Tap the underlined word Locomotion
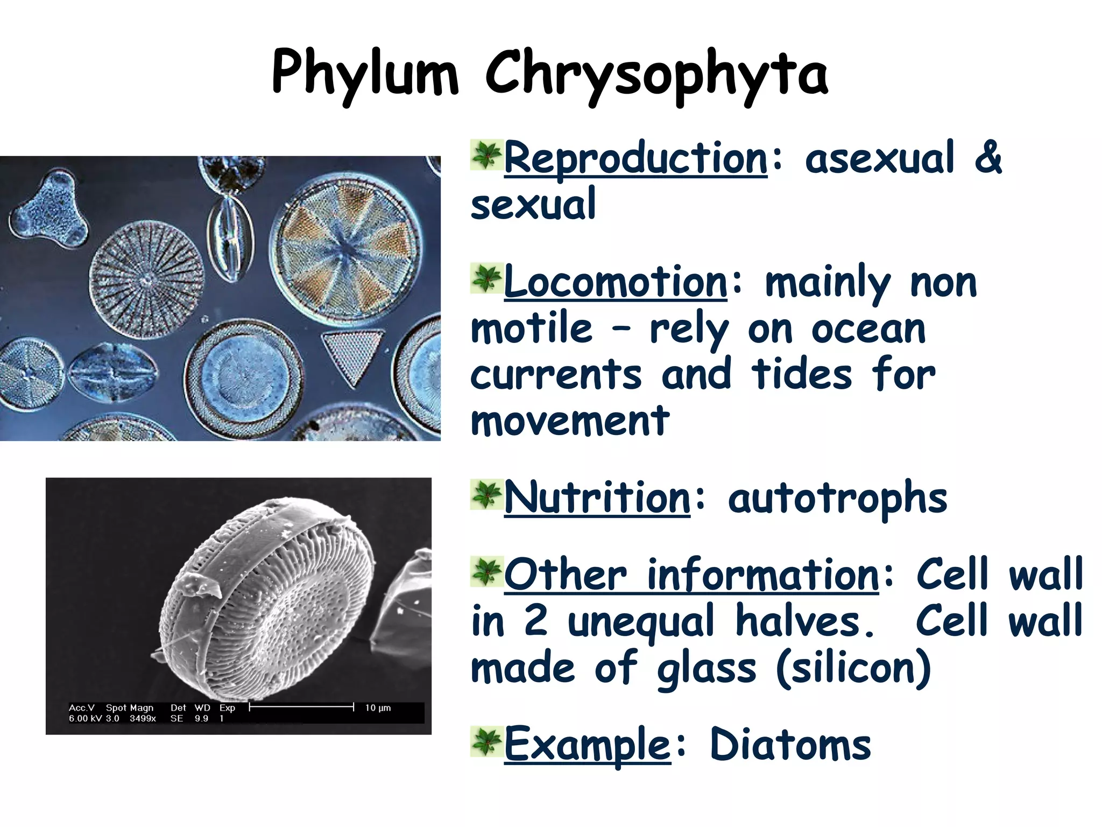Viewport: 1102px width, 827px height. (x=616, y=282)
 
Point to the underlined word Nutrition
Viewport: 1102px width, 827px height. (x=597, y=497)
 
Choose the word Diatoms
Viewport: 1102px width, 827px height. (x=790, y=744)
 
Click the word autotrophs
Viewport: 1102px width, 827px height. (x=837, y=499)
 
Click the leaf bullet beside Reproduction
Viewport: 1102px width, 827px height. (x=486, y=155)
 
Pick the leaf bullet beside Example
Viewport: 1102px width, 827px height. (x=486, y=741)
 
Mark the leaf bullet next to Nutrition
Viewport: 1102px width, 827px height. (x=486, y=494)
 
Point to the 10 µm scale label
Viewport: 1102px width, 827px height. (x=378, y=708)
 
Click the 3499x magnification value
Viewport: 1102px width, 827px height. (x=143, y=719)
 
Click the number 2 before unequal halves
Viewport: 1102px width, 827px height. (x=536, y=620)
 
